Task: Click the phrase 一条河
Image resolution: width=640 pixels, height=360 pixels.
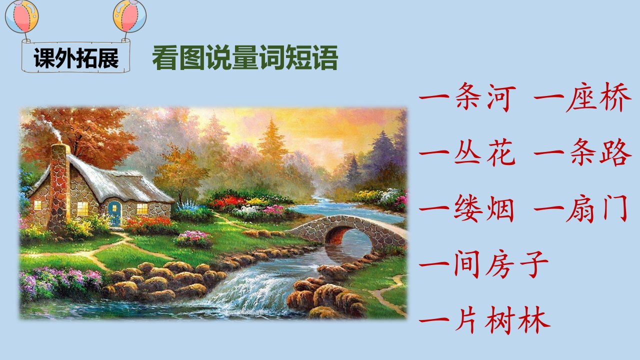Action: (467, 97)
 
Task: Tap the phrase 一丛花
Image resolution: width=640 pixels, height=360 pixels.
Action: (467, 152)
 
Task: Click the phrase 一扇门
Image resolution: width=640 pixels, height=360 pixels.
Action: (581, 209)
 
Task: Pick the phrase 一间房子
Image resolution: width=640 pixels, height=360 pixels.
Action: (483, 264)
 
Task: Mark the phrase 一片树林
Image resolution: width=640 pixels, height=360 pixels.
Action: (484, 320)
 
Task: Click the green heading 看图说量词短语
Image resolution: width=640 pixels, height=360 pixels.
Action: (245, 57)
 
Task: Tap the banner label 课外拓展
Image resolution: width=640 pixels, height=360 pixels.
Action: (76, 58)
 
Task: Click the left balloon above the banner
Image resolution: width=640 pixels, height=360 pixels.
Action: (21, 16)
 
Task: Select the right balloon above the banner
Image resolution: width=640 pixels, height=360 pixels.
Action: (129, 16)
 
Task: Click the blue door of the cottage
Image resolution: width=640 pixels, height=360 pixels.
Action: (114, 213)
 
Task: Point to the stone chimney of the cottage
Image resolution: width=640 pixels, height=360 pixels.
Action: (59, 187)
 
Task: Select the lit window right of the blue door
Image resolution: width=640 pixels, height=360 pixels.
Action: (142, 208)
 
